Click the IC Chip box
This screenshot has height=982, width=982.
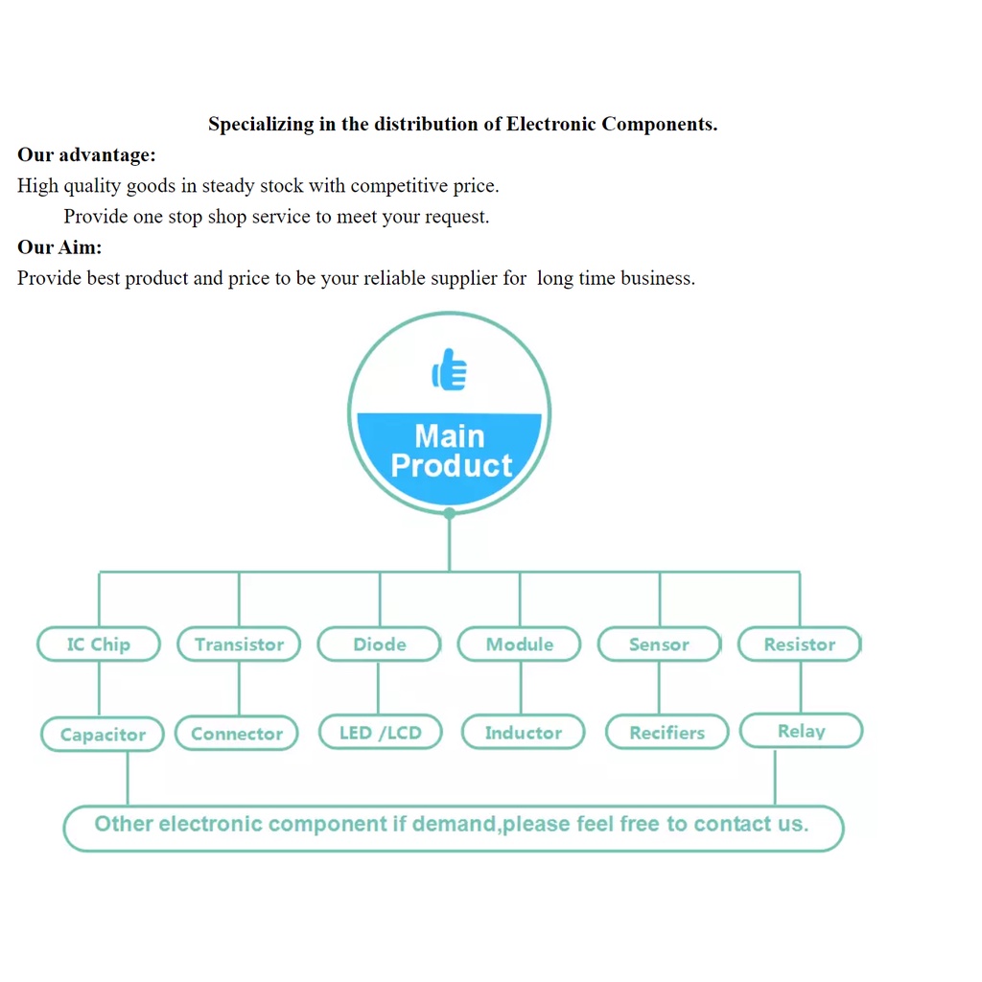(x=99, y=643)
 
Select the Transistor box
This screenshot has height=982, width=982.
(x=239, y=643)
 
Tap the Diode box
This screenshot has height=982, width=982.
(x=380, y=643)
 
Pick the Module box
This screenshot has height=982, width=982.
(x=520, y=643)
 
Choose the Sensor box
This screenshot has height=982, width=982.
(x=660, y=643)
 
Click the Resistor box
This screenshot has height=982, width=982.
(x=800, y=643)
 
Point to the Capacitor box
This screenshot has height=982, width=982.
(x=103, y=734)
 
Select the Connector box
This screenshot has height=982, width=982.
(x=237, y=733)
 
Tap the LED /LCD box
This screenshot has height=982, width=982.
(x=381, y=732)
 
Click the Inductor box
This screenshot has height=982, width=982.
(x=524, y=732)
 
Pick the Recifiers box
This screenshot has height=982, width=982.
(x=667, y=732)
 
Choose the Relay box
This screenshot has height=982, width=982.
(x=802, y=730)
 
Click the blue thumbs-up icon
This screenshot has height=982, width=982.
(x=450, y=369)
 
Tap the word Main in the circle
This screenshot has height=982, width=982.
(x=450, y=436)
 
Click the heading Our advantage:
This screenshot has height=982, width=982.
(x=86, y=154)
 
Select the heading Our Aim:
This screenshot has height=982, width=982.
(x=59, y=246)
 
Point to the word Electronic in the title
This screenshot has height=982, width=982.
(x=551, y=124)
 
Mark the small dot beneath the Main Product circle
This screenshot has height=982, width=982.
(x=450, y=514)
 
